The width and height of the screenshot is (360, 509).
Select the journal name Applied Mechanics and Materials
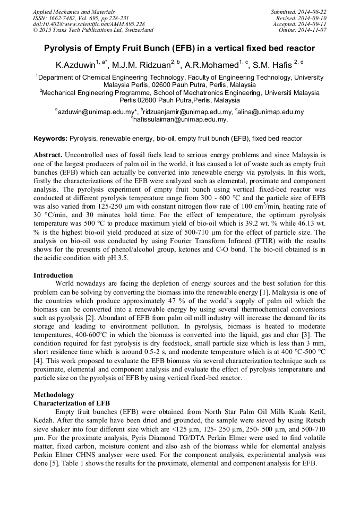74,12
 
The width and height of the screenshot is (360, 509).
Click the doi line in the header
89,24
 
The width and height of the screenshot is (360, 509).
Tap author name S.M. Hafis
271,65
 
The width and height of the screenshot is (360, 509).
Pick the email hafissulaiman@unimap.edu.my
181,120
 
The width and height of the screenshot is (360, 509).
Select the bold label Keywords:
50,139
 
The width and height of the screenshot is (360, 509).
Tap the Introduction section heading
53,275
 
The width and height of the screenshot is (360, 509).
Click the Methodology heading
54,395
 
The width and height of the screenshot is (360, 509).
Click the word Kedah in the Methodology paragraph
44,419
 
